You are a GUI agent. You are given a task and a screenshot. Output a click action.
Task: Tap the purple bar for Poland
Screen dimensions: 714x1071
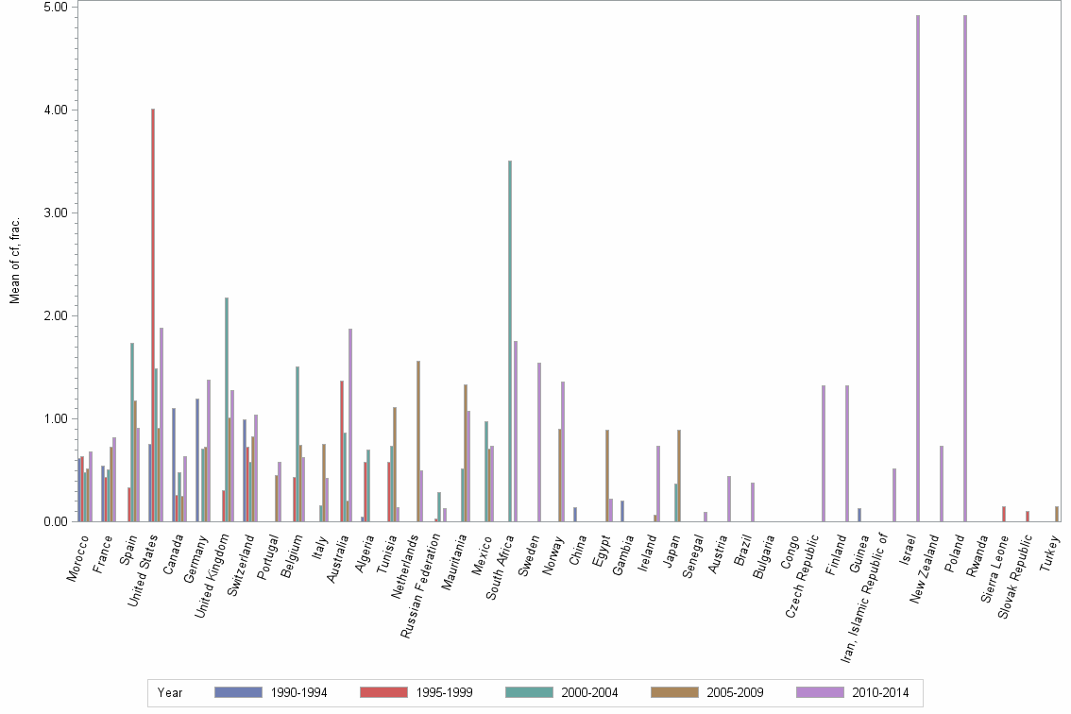965,268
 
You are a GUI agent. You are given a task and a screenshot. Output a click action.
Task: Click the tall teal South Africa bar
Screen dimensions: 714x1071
510,341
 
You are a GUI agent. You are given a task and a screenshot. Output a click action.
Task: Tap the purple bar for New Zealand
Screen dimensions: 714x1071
942,484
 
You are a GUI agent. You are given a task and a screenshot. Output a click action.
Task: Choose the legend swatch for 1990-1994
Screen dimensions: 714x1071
237,692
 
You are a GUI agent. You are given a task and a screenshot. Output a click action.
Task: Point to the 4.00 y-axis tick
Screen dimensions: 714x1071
58,110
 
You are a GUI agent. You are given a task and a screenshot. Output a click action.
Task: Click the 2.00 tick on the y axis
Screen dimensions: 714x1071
58,315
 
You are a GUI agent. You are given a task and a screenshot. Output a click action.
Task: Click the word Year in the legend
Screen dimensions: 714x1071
170,693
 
